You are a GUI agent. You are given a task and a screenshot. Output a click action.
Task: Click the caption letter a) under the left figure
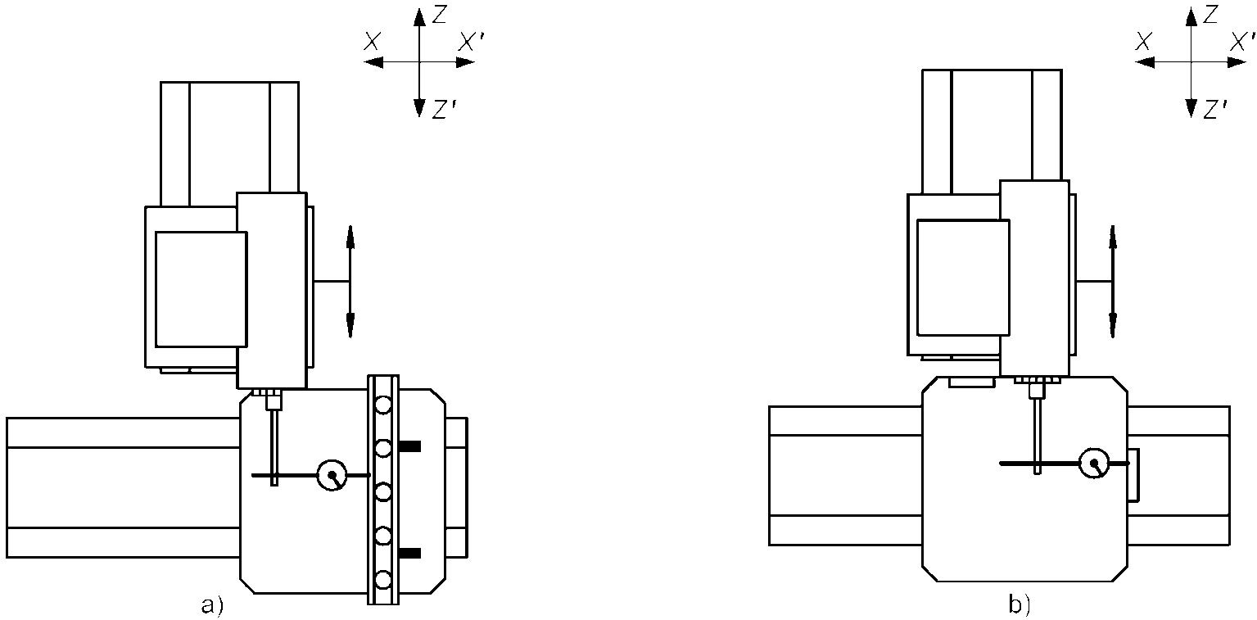(212, 605)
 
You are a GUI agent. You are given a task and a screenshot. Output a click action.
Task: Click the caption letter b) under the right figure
(1020, 604)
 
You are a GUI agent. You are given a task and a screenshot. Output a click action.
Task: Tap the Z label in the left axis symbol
(439, 15)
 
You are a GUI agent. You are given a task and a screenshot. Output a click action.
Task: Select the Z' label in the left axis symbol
(443, 110)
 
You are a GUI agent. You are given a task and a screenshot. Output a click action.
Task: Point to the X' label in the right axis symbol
(1242, 42)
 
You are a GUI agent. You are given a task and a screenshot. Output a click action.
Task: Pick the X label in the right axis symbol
(1144, 42)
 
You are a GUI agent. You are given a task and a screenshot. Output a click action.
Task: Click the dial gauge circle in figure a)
(332, 475)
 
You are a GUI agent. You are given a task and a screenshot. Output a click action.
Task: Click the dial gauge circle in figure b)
(1094, 463)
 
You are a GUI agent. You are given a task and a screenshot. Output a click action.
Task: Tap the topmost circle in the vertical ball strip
(383, 405)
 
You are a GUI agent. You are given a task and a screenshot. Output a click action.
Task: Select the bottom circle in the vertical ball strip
(383, 578)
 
